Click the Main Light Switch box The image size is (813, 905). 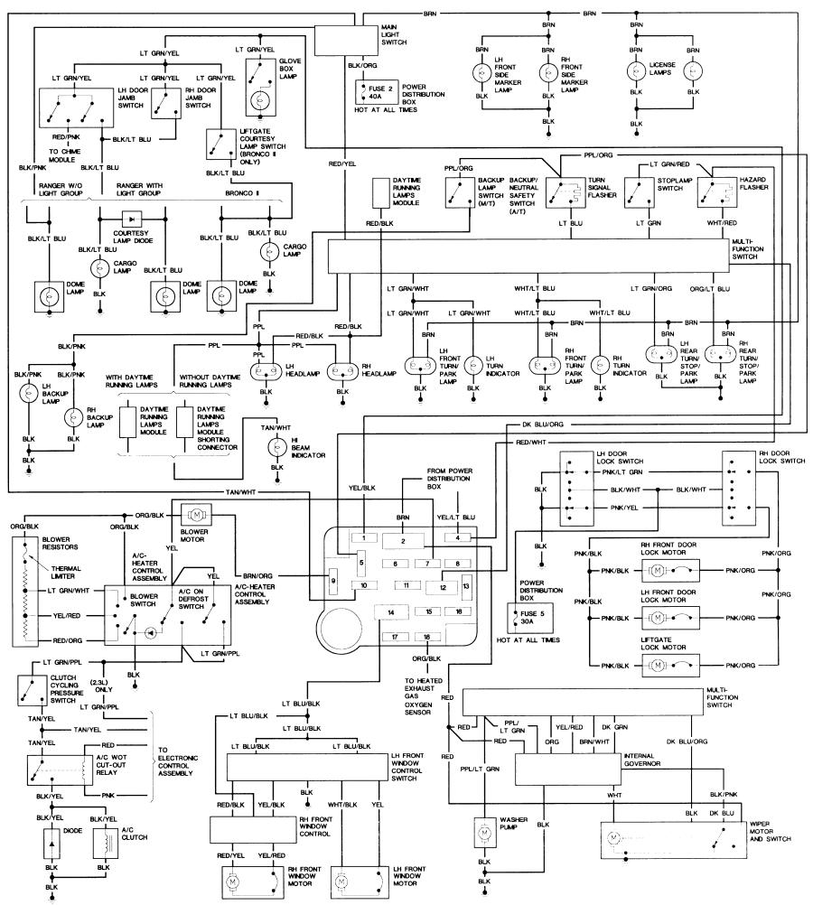[345, 40]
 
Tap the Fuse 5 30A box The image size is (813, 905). [529, 618]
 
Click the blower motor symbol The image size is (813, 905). [197, 514]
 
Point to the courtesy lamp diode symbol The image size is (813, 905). [132, 219]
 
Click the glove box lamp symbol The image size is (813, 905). [259, 100]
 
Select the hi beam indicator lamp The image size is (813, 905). [277, 447]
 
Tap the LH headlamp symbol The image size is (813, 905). [265, 372]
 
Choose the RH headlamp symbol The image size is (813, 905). [342, 372]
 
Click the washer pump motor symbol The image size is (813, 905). [484, 832]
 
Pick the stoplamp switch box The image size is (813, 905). [640, 192]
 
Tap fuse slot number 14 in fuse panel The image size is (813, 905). [391, 611]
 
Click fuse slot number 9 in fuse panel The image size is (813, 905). [333, 582]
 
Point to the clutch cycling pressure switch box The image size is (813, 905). [32, 690]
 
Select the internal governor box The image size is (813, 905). [568, 770]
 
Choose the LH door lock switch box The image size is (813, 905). [577, 489]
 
